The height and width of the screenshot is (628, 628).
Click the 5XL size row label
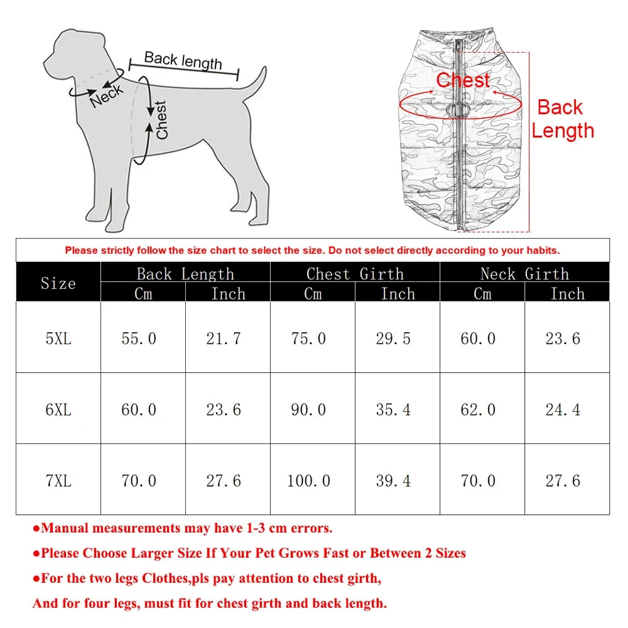58,338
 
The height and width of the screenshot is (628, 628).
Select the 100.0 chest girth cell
308,481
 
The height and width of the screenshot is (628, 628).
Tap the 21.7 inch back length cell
224,338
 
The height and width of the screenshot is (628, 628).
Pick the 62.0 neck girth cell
478,410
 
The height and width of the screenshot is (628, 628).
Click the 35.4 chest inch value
393,410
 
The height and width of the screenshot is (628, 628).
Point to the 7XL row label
58,481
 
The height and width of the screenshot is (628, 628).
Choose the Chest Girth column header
355,273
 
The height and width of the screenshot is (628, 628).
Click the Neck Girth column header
524,273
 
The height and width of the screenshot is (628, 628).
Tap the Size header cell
58,283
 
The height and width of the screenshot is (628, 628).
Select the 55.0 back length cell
139,338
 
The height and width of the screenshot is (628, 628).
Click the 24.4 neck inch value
563,410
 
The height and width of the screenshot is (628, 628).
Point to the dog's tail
254,85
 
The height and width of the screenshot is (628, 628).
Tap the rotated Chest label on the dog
162,120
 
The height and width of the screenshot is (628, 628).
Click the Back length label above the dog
183,60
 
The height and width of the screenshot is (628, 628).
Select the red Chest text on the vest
463,80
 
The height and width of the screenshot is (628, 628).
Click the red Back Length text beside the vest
562,119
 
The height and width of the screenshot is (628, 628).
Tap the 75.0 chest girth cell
308,338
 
